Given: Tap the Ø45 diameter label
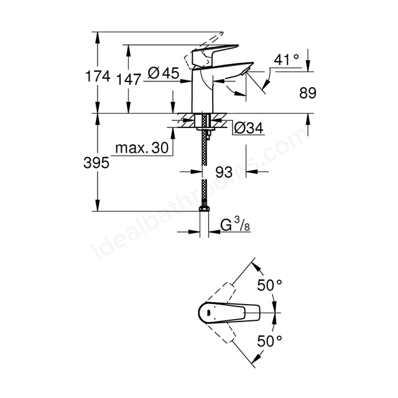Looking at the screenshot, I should tap(165, 73).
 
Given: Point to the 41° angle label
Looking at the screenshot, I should tap(287, 60).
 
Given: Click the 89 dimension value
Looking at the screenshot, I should tap(307, 93).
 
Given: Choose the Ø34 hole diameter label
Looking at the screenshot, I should tap(249, 128).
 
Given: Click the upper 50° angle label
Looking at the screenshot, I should tap(270, 285).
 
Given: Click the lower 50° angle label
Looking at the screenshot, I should tap(270, 340).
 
